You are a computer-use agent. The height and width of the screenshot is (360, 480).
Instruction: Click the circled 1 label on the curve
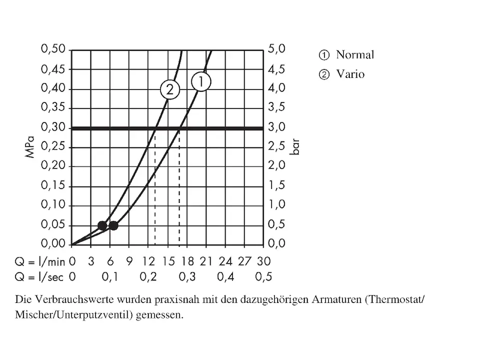[201, 81]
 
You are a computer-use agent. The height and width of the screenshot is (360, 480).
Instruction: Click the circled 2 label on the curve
[170, 90]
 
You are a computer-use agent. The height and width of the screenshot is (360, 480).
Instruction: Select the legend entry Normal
[355, 55]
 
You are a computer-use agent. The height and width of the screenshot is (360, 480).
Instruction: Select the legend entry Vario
[350, 74]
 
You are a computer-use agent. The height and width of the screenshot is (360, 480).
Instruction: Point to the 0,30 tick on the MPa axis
[52, 127]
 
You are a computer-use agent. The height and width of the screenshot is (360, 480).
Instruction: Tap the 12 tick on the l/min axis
[148, 261]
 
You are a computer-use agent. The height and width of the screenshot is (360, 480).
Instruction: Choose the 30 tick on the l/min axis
[263, 261]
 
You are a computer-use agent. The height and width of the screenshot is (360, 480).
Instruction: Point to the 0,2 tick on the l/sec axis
[148, 277]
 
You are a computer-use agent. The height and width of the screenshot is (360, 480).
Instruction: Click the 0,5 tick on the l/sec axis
[263, 277]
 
